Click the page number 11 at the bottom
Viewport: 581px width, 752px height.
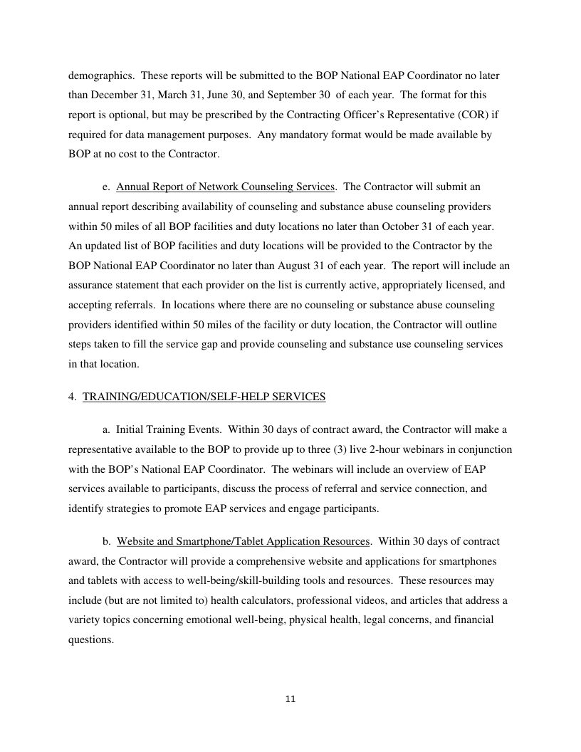pos(290,699)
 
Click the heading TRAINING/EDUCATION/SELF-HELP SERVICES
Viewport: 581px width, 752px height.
pos(204,397)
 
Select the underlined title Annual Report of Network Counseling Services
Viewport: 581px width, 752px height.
pos(225,187)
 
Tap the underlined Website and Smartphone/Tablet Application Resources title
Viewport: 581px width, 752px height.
pos(244,541)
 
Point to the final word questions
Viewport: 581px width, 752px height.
pos(90,639)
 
